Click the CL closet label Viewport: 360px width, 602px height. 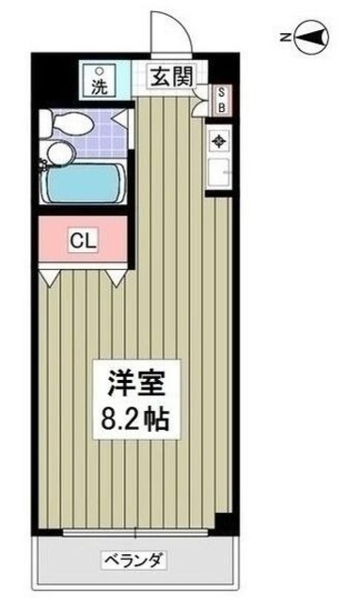point(83,240)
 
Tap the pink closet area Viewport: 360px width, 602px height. point(83,240)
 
